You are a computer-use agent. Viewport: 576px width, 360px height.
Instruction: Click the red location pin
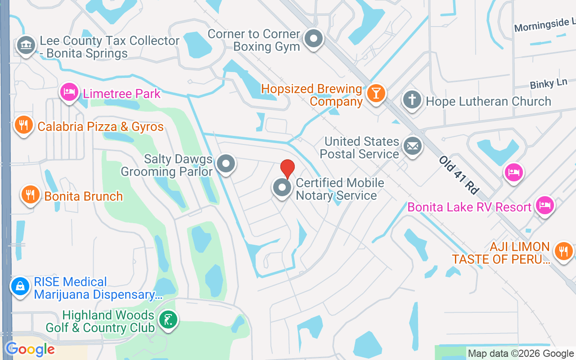point(288,169)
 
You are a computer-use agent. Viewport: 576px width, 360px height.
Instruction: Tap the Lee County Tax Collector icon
point(26,45)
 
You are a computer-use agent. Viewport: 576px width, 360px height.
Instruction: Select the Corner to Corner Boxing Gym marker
point(314,39)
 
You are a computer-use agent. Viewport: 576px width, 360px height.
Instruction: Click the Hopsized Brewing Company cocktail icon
point(374,94)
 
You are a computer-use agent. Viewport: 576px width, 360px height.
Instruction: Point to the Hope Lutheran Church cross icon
point(412,99)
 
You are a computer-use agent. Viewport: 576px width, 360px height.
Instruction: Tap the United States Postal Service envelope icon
point(412,146)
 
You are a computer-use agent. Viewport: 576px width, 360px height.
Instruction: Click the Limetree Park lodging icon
point(69,92)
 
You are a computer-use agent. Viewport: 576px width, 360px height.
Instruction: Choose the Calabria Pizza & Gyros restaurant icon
point(24,125)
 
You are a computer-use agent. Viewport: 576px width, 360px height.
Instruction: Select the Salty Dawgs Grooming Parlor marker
point(225,164)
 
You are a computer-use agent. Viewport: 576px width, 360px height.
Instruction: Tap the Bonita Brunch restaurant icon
point(30,195)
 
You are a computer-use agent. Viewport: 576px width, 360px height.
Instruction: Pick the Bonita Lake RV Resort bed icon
point(544,205)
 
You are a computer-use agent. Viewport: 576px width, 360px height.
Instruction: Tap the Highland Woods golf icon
point(168,320)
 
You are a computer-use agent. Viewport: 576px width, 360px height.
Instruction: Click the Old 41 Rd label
point(459,175)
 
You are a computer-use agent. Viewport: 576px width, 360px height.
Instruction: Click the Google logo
point(30,349)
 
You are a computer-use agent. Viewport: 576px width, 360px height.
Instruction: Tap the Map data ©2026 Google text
point(521,354)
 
